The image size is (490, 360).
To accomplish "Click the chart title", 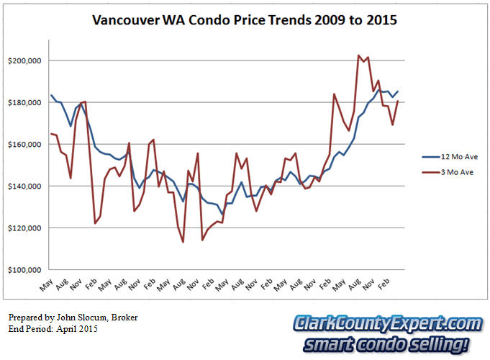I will [x=245, y=20].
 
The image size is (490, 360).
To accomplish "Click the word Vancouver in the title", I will [x=127, y=20].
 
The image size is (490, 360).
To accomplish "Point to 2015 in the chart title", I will [x=381, y=20].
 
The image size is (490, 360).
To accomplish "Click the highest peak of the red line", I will [x=358, y=55].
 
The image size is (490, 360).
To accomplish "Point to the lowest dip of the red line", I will [x=183, y=242].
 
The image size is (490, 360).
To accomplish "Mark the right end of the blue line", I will [x=398, y=91].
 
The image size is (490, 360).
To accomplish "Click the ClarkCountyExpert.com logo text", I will [x=386, y=324].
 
